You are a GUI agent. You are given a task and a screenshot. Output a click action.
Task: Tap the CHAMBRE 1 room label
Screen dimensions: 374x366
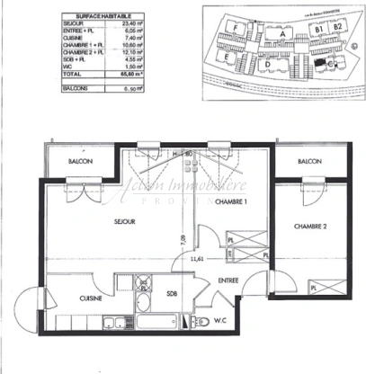point(231,201)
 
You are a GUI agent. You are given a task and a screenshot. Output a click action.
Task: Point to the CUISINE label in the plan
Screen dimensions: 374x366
point(90,298)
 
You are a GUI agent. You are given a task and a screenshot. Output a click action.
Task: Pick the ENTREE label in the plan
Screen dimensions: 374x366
point(229,280)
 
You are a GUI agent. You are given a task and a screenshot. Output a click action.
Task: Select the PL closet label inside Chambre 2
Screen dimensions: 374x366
point(312,286)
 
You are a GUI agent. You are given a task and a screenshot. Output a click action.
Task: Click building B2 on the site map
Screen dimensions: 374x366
point(338,28)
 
